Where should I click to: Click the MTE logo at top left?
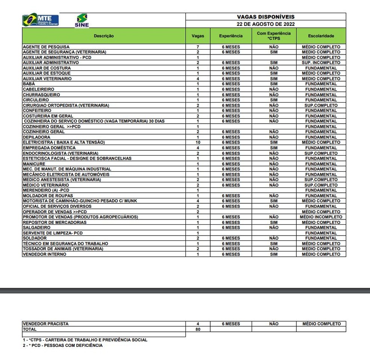[40, 20]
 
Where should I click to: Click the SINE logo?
[82, 21]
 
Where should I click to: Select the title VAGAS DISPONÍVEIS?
[265, 17]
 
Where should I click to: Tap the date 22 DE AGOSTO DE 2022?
[265, 24]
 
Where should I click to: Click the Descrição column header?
[104, 36]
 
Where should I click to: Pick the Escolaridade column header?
[321, 36]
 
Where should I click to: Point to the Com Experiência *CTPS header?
[274, 36]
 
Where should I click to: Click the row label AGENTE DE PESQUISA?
[46, 47]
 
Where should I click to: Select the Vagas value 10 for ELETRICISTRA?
[198, 142]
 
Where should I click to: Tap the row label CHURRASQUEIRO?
[41, 95]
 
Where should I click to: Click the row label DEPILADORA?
[36, 137]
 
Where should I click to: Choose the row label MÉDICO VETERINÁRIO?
[46, 185]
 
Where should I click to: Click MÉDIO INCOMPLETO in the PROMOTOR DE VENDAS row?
[321, 217]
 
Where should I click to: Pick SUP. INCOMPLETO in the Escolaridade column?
[321, 63]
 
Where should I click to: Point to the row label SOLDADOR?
[35, 238]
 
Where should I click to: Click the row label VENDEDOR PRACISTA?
[46, 324]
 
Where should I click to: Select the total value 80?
[198, 329]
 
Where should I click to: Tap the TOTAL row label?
[30, 329]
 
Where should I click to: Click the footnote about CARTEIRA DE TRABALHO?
[85, 340]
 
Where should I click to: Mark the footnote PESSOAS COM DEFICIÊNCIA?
[62, 345]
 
